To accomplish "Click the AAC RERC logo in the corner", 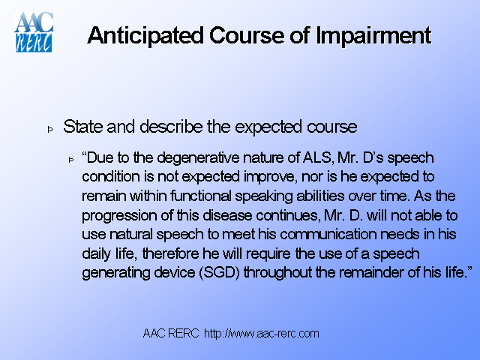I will tap(33, 31).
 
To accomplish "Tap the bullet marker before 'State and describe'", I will tap(51, 129).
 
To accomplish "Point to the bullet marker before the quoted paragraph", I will tap(72, 160).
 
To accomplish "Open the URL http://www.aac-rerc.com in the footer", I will tap(262, 333).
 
